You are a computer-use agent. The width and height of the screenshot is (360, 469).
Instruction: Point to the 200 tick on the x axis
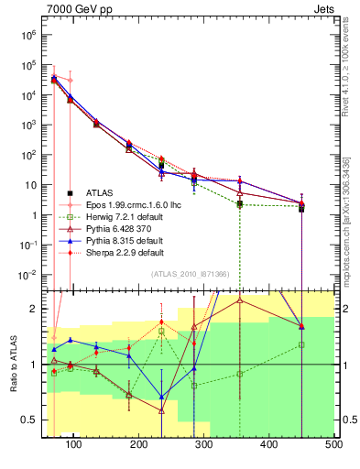[x=139, y=444]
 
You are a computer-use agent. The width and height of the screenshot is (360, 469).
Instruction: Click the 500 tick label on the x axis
[x=334, y=444]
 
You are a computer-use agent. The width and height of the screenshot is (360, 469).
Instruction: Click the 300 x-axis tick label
[x=204, y=444]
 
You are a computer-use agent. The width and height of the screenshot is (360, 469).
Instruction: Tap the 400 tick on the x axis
[x=269, y=444]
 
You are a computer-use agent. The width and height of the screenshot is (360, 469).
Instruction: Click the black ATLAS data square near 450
[x=301, y=209]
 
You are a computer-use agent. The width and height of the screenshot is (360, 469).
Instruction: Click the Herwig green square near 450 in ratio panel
[x=301, y=344]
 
